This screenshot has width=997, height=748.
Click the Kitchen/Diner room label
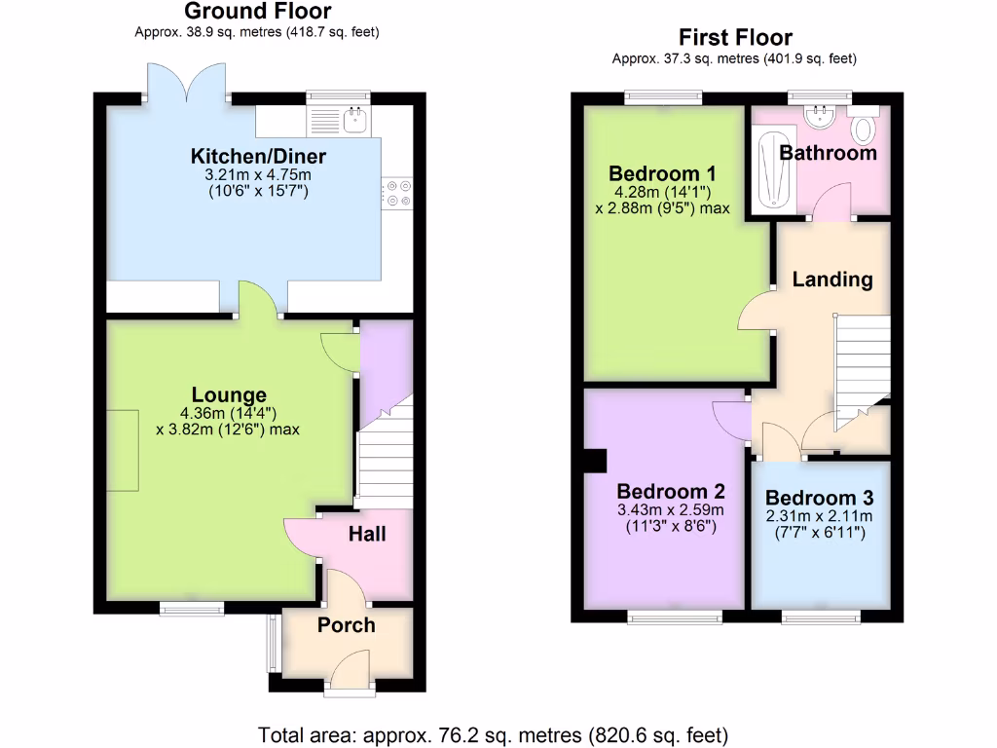258,156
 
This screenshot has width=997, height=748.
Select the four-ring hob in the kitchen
398,193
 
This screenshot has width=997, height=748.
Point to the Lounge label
229,394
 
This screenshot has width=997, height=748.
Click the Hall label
367,534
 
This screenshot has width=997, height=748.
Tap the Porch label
346,625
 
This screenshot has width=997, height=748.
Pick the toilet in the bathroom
863,128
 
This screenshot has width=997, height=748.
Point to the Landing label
831,280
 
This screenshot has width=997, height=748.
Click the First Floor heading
735,38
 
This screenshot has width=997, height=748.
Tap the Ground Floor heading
257,12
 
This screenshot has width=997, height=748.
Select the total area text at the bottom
493,733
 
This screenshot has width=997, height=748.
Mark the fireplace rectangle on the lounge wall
122,451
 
